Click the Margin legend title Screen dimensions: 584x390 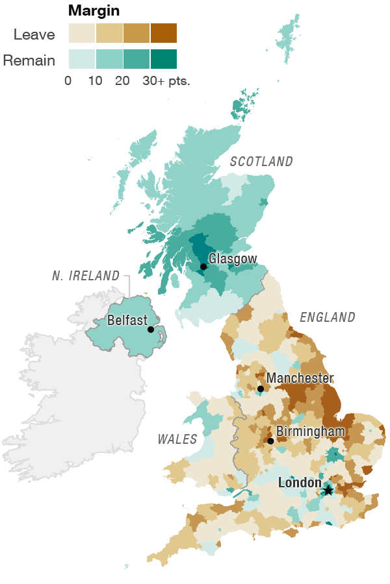pos(94,11)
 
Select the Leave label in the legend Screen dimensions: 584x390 pos(34,34)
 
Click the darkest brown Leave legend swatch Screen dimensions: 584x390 pos(163,33)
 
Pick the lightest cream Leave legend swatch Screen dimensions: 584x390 pos(82,33)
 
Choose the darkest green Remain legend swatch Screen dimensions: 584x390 pos(163,59)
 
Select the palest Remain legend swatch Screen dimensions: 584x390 pos(82,59)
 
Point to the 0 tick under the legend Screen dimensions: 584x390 pos(68,82)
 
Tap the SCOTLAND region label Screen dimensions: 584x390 pos(261,162)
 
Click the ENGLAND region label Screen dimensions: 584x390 pos(328,317)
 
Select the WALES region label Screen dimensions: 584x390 pos(177,439)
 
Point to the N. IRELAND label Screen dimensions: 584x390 pos(86,276)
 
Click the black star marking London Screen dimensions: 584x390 pos(328,491)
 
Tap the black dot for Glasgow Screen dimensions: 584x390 pos(203,267)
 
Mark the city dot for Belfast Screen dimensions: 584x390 pos(151,330)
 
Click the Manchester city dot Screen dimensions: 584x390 pos(261,389)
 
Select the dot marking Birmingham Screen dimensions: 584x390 pos(270,441)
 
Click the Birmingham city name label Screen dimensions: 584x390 pos(311,431)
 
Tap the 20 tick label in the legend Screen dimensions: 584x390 pos(122,82)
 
